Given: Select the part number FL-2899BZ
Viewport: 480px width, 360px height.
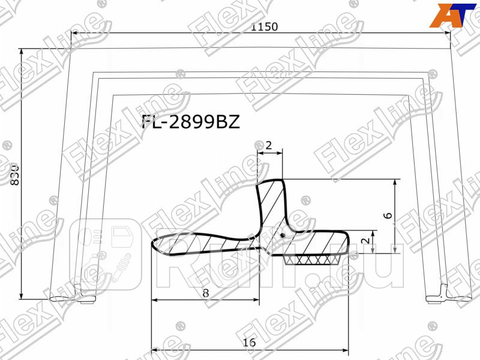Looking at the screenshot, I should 190,122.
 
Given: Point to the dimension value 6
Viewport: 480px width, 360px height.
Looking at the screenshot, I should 388,215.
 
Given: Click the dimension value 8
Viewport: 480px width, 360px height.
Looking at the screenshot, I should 206,293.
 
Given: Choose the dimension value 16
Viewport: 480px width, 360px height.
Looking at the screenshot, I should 250,342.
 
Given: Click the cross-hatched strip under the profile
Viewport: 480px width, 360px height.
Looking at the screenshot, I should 313,259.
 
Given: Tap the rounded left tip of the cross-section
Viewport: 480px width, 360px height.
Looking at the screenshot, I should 155,245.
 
